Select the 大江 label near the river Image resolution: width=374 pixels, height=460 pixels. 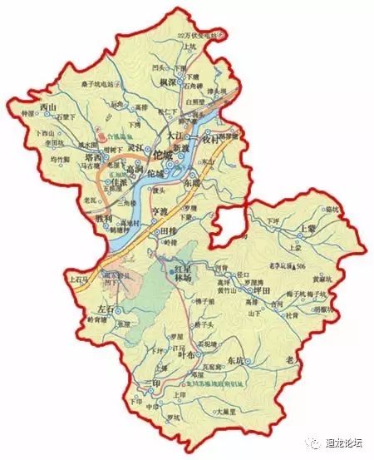[x=173, y=133]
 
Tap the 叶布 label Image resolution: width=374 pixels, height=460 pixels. [x=186, y=354]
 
